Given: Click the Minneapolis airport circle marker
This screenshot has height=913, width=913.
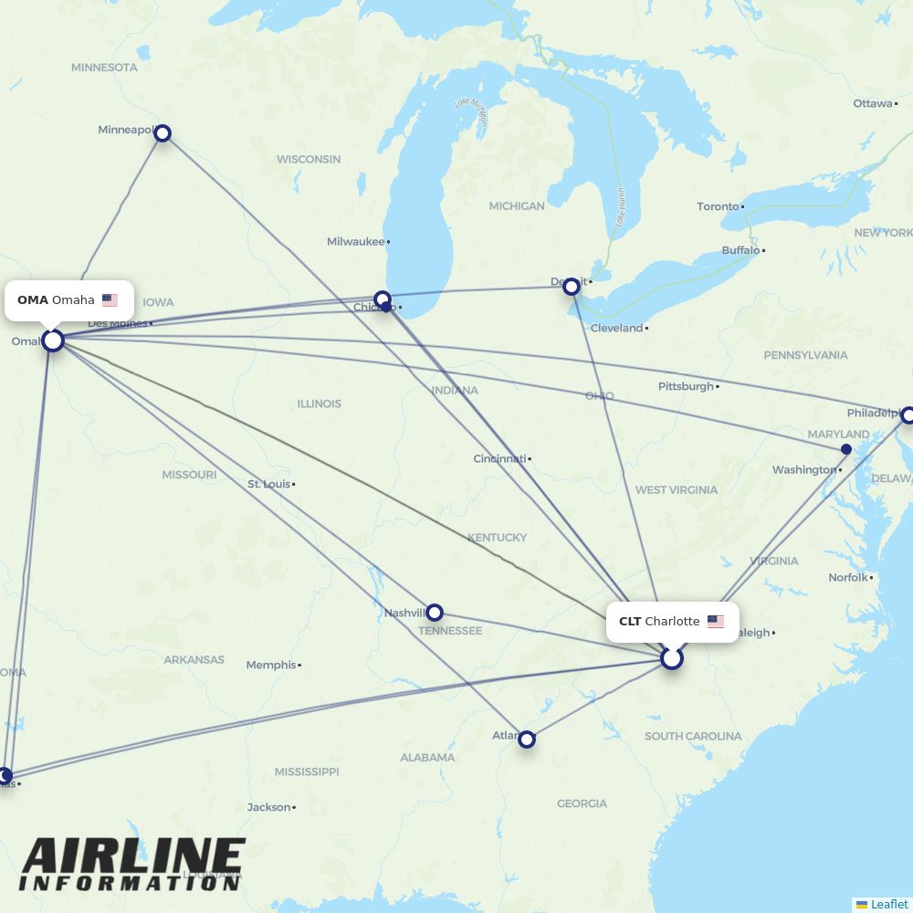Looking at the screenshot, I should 163,133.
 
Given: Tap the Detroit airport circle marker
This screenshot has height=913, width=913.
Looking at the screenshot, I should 572,287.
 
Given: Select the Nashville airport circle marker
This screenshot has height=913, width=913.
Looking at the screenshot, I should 435,613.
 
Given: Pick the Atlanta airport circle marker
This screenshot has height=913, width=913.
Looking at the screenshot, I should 527,740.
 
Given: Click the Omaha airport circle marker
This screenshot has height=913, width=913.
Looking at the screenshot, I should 53,341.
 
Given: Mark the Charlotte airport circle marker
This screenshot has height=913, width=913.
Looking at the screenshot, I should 672,658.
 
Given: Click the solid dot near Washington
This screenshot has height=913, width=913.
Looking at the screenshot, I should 846,449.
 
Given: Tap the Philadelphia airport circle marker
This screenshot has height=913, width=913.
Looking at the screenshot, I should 908,415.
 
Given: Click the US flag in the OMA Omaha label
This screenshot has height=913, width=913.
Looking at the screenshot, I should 110,299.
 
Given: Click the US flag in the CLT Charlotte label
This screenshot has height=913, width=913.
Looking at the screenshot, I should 715,622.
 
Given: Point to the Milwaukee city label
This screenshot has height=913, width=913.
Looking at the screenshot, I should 355,242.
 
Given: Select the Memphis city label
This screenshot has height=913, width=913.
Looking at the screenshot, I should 270,665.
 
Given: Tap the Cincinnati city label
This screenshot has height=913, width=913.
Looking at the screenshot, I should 498,458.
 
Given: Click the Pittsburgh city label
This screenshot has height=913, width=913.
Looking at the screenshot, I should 686,386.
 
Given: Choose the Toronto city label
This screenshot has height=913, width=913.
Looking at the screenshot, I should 718,206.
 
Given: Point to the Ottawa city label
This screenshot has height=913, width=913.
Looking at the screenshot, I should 872,103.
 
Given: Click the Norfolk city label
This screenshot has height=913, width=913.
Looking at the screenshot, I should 847,577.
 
